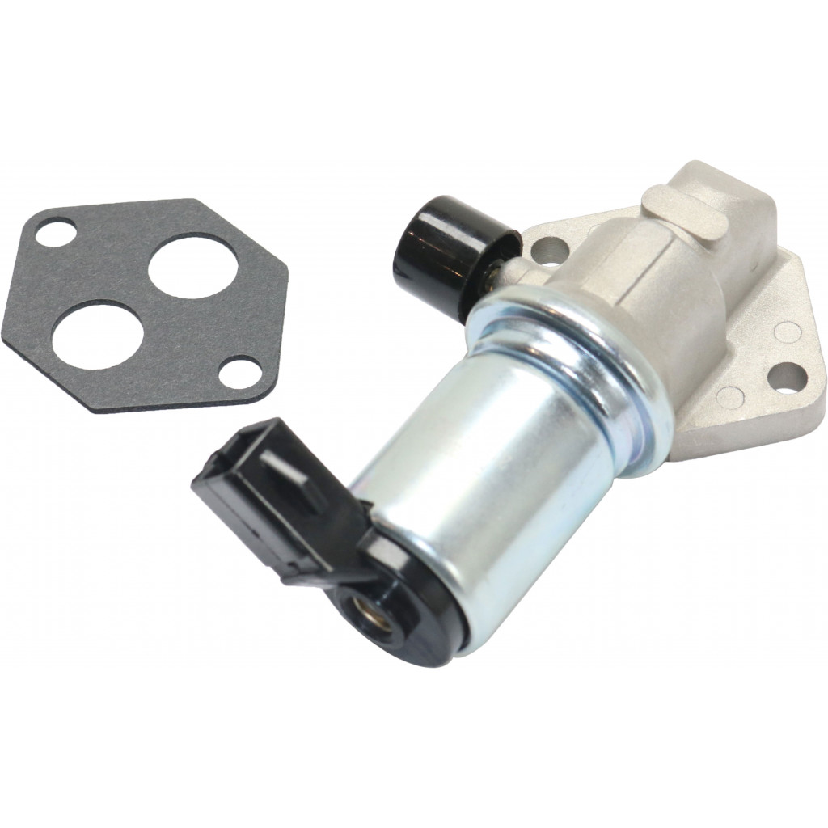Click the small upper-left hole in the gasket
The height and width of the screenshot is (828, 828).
point(55,234)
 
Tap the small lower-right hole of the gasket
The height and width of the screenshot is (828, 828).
point(239,371)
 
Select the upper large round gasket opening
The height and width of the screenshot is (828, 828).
point(193,266)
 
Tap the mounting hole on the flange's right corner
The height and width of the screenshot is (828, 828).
point(786,376)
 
